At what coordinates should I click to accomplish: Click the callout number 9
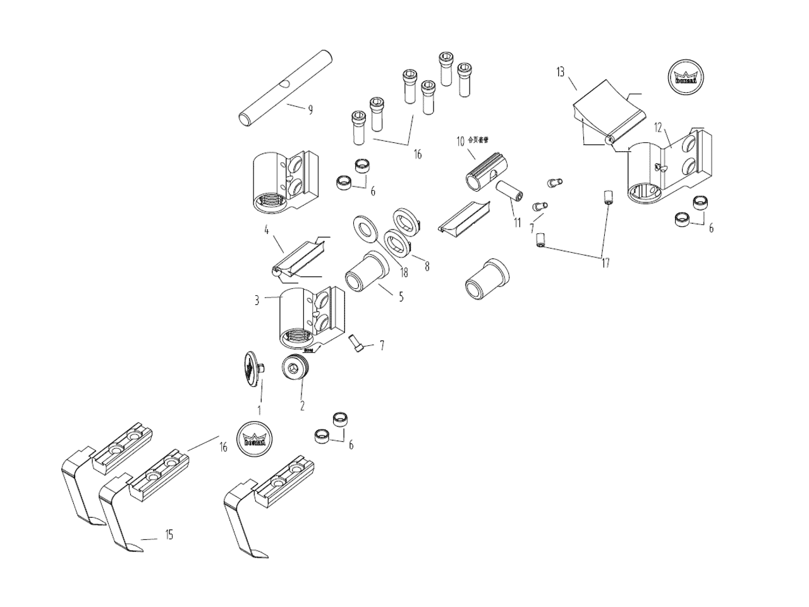pyautogui.click(x=310, y=110)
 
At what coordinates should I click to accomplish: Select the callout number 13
pyautogui.click(x=560, y=72)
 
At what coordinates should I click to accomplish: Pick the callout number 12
pyautogui.click(x=658, y=128)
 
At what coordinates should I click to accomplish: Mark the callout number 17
pyautogui.click(x=605, y=263)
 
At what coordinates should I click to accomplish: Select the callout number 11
pyautogui.click(x=517, y=223)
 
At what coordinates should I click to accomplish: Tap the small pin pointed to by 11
pyautogui.click(x=508, y=190)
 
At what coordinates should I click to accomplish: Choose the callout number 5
pyautogui.click(x=401, y=295)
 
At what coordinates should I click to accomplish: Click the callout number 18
pyautogui.click(x=403, y=273)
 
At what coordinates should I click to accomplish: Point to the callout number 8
pyautogui.click(x=427, y=266)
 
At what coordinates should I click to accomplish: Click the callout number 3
pyautogui.click(x=257, y=300)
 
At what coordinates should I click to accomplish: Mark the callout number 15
pyautogui.click(x=169, y=536)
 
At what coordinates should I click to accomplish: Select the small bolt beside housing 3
pyautogui.click(x=355, y=343)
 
